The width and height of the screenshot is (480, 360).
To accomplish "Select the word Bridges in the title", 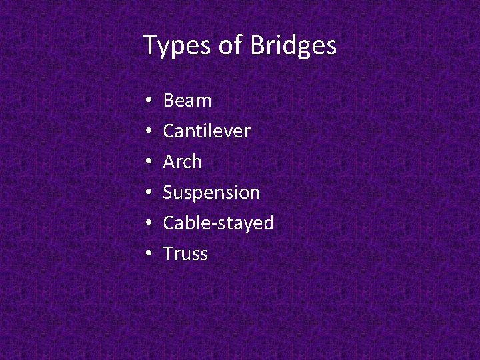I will pos(293,47).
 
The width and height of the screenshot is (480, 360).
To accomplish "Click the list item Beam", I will pos(187,101).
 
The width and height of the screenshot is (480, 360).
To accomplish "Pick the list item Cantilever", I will pos(207,131).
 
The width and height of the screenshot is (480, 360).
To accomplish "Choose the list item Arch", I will pos(183,162).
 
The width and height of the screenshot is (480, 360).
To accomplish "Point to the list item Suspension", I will pos(211,193).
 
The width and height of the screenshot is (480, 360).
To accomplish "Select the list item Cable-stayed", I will pos(218,223).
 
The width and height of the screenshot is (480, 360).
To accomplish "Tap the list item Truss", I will pos(185,254).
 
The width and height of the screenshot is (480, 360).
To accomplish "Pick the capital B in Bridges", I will pos(257,45).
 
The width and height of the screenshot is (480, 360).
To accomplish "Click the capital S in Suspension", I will pos(168,193).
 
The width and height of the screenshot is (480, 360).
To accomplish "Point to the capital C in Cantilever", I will pos(169,131).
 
